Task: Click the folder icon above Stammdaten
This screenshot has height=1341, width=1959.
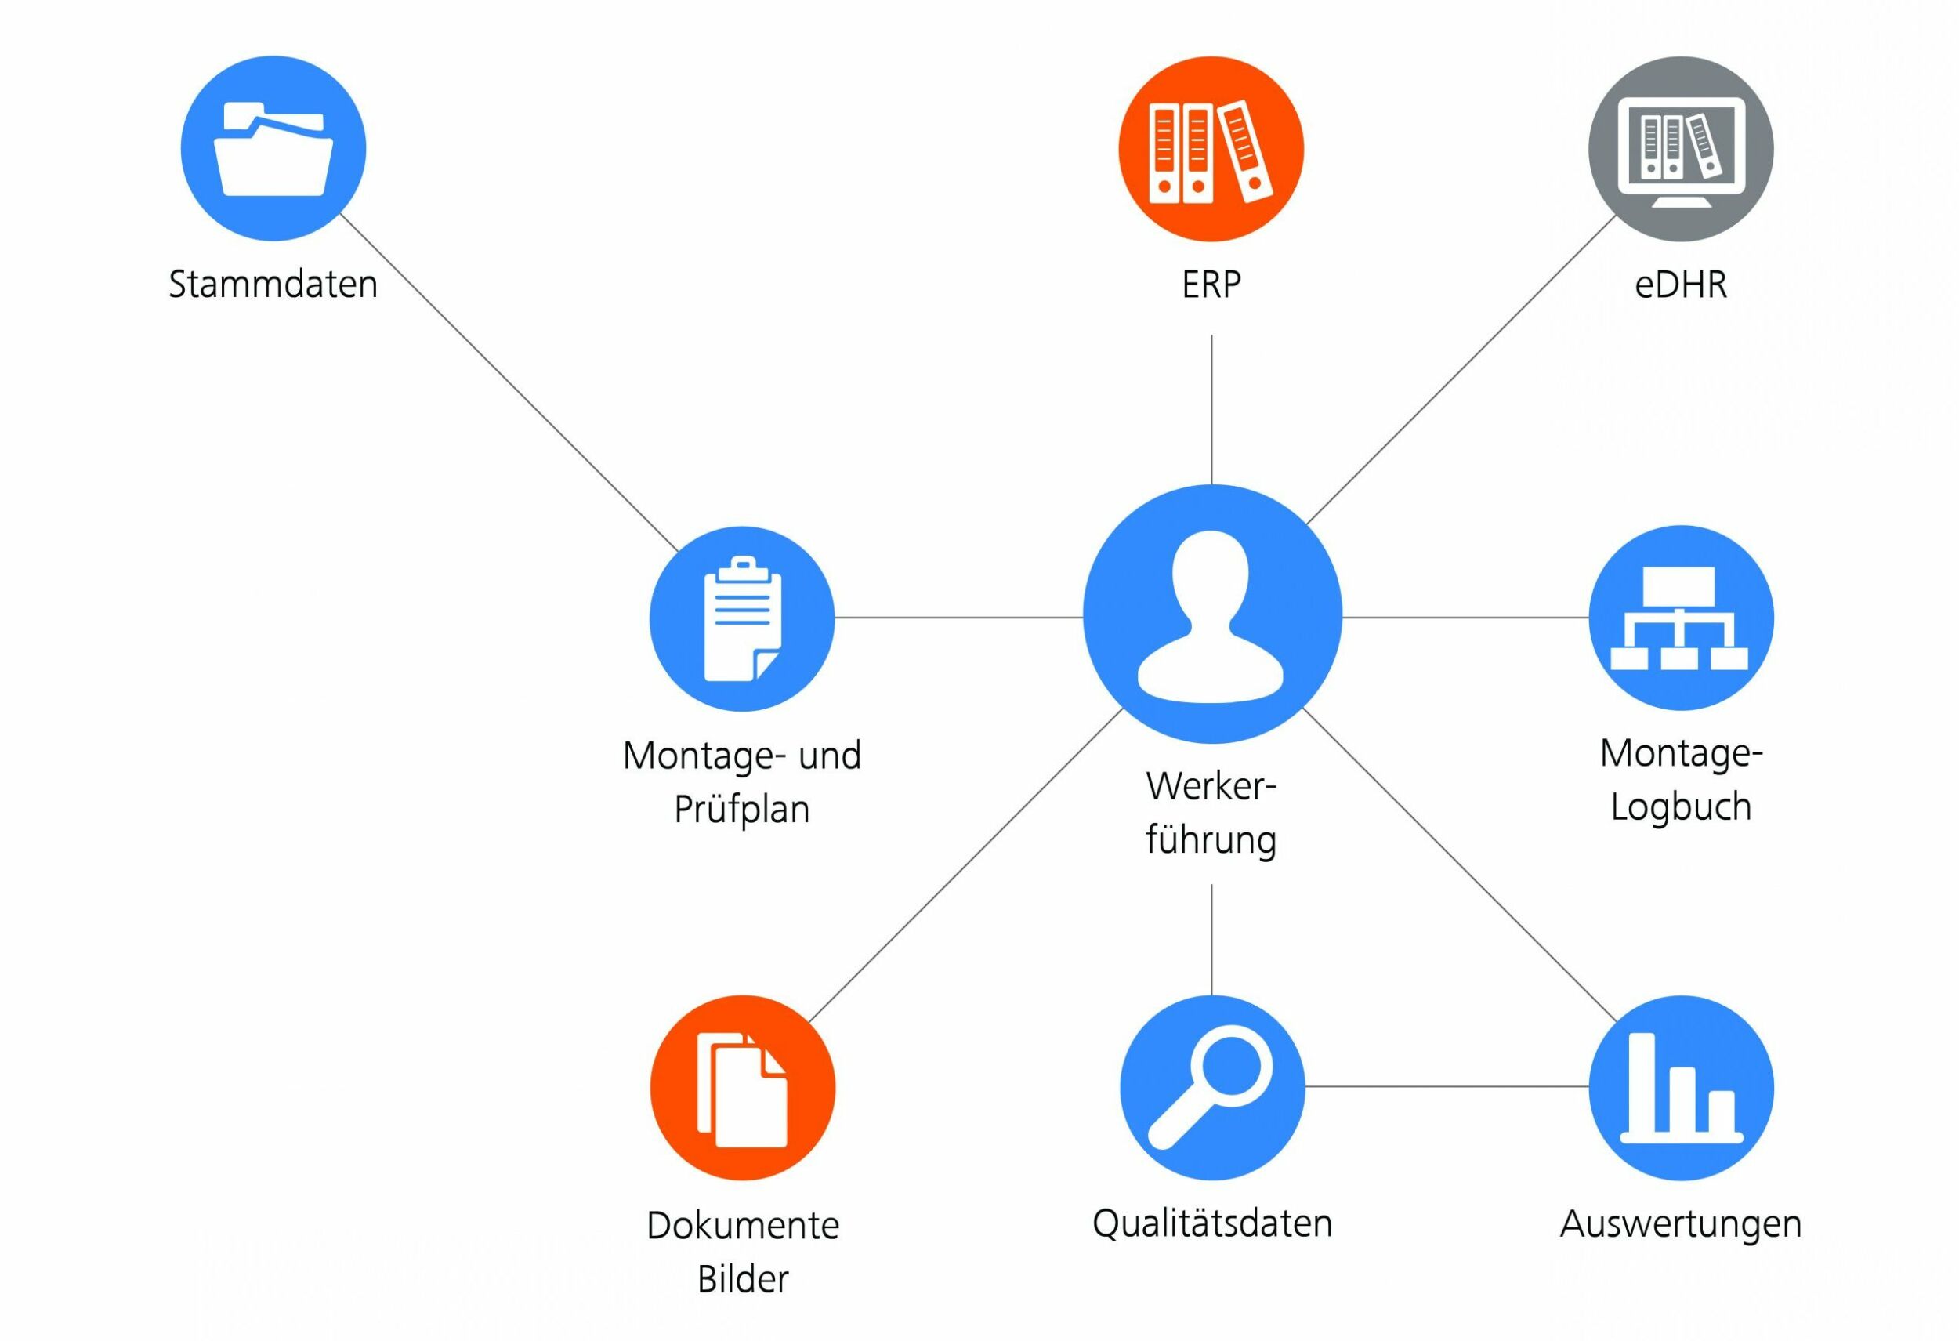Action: point(273,149)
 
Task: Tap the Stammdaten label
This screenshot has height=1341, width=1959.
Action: point(273,285)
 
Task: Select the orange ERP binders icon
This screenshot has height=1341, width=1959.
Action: point(1211,149)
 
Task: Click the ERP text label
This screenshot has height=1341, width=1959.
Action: point(1211,285)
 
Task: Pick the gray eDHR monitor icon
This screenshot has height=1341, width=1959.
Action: point(1680,149)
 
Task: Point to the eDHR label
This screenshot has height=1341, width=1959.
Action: point(1680,285)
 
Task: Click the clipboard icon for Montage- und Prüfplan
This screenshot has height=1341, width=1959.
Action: point(742,618)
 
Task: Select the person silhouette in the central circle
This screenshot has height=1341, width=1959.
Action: point(1211,615)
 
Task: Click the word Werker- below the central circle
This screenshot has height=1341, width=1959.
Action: point(1211,787)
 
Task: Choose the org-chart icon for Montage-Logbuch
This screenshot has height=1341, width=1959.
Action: point(1680,618)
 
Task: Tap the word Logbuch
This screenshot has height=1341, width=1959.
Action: point(1680,806)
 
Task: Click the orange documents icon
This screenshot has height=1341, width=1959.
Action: point(742,1088)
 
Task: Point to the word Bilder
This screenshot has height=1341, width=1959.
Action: point(743,1278)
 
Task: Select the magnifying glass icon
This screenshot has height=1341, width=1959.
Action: point(1211,1087)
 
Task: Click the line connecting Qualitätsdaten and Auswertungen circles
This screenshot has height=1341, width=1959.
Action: point(1446,1086)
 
